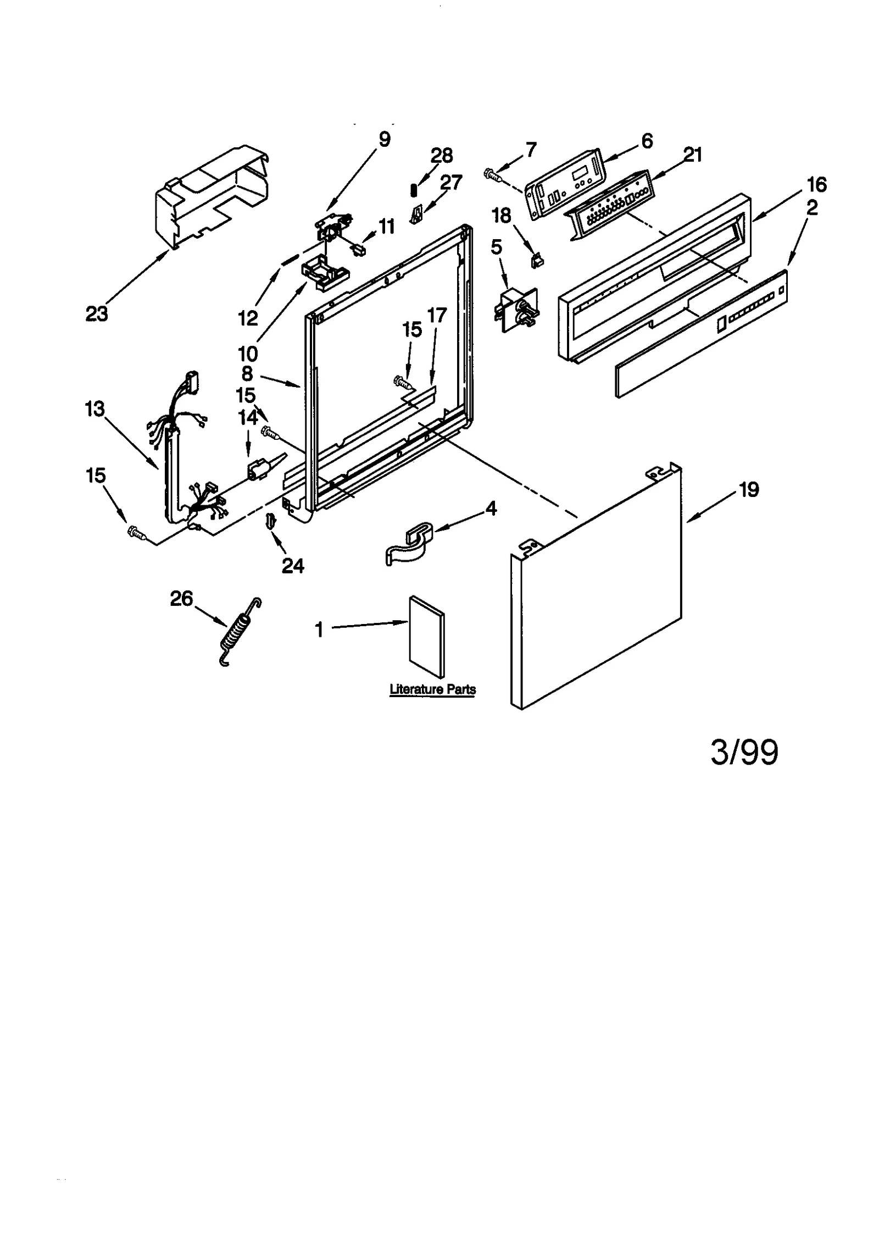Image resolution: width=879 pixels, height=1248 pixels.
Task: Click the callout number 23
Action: pyautogui.click(x=97, y=314)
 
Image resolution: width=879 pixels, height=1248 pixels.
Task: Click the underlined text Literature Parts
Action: pyautogui.click(x=432, y=689)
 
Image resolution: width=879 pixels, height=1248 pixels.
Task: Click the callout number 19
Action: pyautogui.click(x=749, y=489)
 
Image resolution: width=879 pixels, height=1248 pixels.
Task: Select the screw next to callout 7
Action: pyautogui.click(x=492, y=175)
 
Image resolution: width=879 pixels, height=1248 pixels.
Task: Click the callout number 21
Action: pyautogui.click(x=693, y=155)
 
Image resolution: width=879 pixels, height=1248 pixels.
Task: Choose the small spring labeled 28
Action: pyautogui.click(x=415, y=189)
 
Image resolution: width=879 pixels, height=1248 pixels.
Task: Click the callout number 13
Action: pyautogui.click(x=94, y=409)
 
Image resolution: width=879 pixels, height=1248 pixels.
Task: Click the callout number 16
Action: pyautogui.click(x=817, y=185)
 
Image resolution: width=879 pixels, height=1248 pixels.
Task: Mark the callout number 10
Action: pyautogui.click(x=248, y=353)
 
